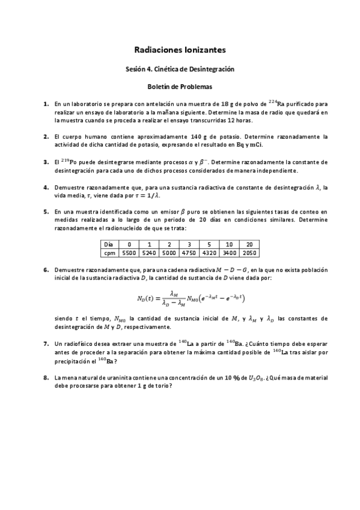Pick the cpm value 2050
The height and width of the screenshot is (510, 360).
point(249,254)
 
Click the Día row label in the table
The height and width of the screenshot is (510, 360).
point(109,245)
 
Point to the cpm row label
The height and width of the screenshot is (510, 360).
point(109,254)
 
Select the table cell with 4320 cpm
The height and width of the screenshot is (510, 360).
point(210,254)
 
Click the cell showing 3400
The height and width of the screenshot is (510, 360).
point(230,254)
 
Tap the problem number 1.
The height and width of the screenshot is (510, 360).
point(46,104)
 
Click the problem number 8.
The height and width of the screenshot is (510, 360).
point(46,377)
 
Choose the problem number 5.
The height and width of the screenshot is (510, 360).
point(46,212)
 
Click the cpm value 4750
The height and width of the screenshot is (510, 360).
point(189,254)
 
